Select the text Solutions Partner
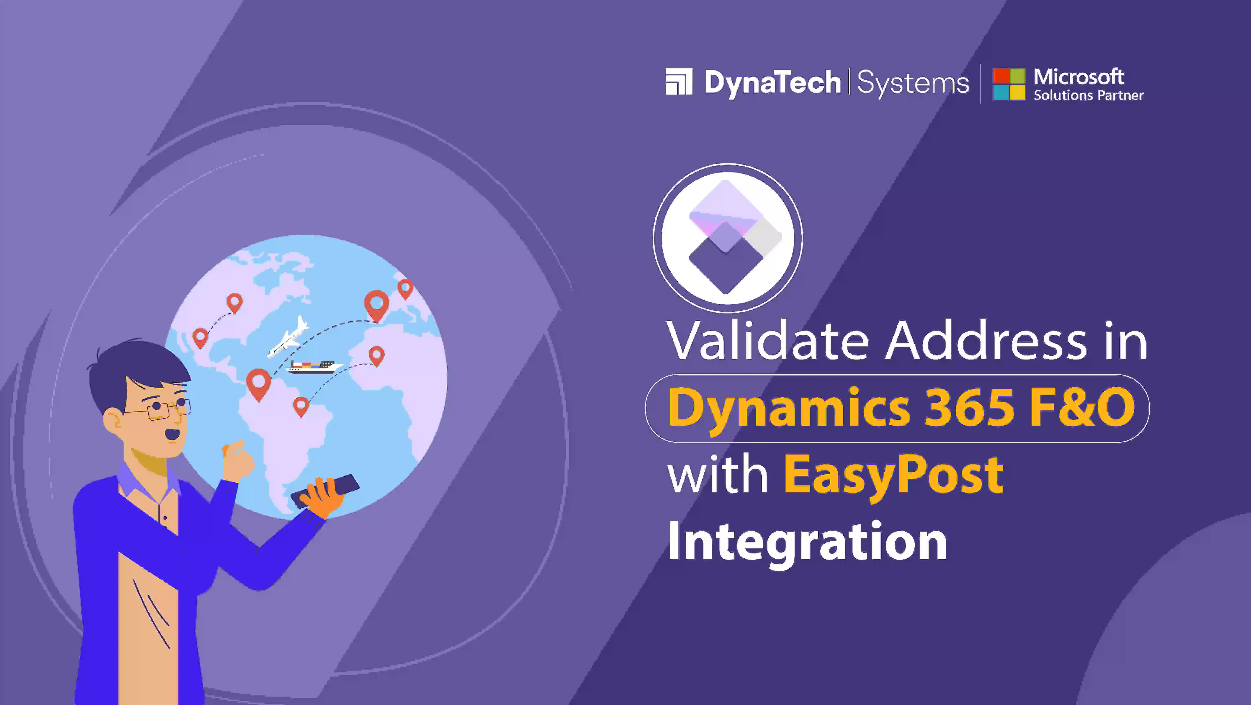point(1088,95)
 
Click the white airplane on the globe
point(288,336)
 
